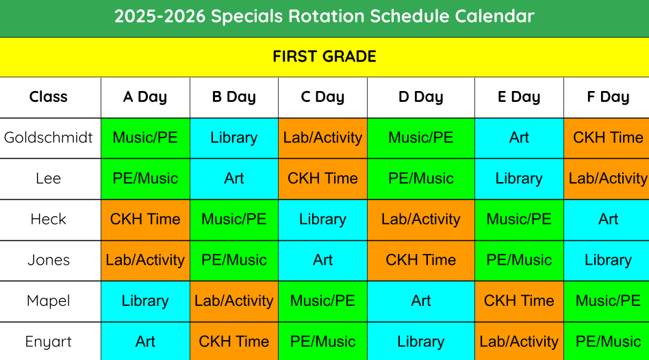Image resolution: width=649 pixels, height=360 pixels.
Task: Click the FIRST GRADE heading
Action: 324,56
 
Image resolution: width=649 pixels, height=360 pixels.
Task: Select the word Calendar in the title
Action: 494,16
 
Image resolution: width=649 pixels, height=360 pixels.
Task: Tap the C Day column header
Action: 322,97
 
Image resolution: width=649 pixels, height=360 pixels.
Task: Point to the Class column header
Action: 49,97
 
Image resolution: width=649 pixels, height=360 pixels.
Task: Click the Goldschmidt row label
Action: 49,138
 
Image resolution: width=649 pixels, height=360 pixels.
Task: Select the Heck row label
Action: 49,219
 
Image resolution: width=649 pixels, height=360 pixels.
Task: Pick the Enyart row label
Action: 49,342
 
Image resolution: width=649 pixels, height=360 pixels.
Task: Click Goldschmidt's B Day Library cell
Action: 234,138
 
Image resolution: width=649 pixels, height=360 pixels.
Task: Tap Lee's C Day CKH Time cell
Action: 322,179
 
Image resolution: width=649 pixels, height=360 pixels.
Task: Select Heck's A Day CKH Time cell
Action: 145,220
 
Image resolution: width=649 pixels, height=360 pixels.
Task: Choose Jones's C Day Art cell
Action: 322,261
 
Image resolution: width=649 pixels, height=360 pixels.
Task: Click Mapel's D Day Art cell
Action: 421,301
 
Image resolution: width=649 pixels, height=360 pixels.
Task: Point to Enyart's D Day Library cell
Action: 421,342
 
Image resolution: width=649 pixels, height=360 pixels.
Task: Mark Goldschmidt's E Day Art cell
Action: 519,138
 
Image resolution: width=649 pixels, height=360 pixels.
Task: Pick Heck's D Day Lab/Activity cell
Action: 421,220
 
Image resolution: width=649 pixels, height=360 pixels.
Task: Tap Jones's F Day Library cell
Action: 607,261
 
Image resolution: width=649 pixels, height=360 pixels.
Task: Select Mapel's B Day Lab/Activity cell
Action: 234,301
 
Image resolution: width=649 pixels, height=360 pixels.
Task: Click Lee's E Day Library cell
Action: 519,179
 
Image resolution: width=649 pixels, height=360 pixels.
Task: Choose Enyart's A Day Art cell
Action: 145,342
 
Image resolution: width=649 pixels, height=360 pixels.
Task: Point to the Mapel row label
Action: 49,301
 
